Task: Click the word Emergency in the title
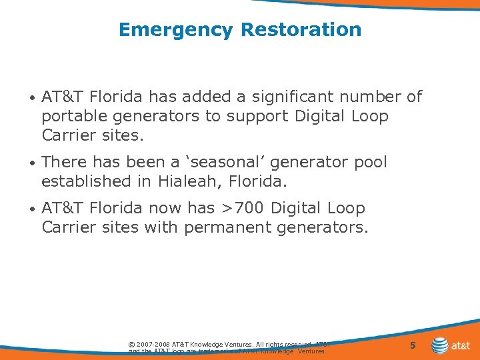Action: click(175, 30)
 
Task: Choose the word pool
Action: click(371, 162)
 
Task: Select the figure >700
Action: click(242, 209)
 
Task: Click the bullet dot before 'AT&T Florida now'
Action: click(33, 209)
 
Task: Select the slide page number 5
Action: click(413, 345)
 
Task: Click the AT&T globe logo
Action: click(440, 345)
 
